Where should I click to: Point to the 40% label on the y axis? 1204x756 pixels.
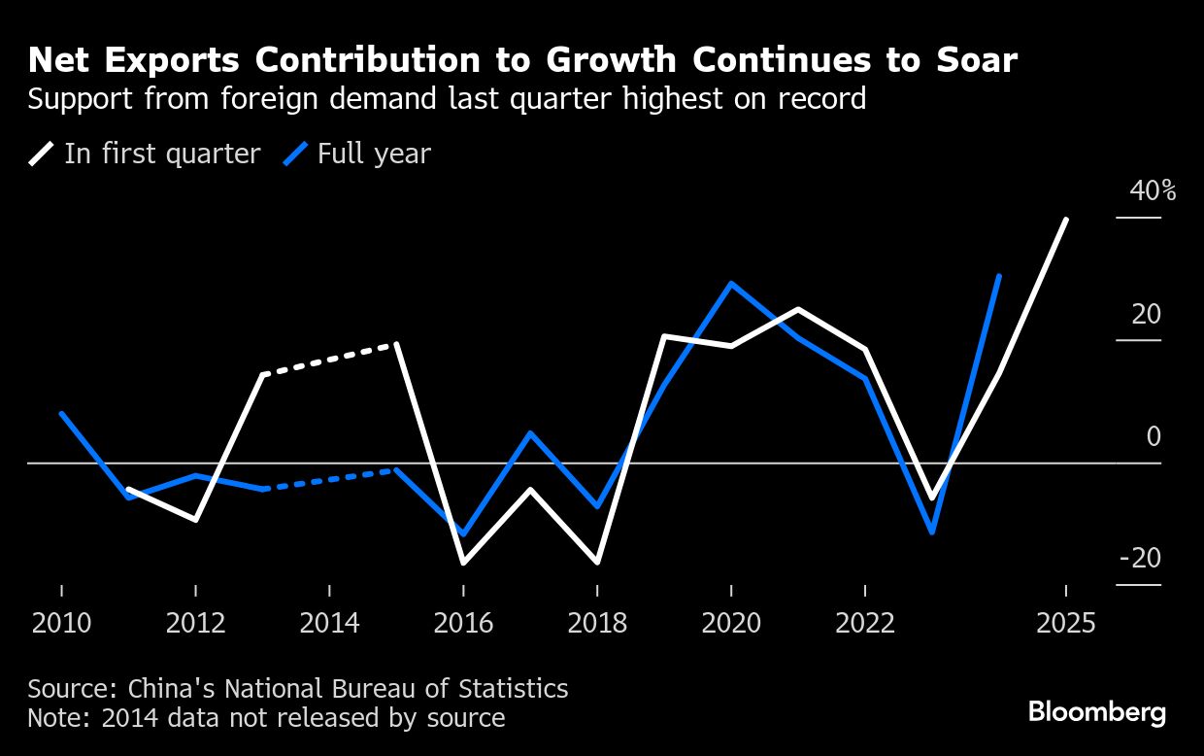[1153, 191]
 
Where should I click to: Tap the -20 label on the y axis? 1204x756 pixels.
[1140, 559]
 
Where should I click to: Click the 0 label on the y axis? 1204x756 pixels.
[1154, 437]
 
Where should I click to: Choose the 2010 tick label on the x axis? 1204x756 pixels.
[61, 623]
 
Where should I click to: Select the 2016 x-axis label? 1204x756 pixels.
[463, 623]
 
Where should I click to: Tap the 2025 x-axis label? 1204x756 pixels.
[1065, 623]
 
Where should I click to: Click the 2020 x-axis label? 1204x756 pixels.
[731, 623]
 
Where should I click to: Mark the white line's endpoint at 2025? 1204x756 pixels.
[1066, 220]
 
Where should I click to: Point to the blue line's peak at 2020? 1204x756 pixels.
[731, 284]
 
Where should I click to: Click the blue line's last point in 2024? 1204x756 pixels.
[999, 277]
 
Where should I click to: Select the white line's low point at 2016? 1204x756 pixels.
[463, 563]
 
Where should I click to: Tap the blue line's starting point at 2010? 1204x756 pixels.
[61, 414]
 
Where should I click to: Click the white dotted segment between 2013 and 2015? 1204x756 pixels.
[330, 360]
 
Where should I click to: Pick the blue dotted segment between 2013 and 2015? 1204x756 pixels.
[330, 479]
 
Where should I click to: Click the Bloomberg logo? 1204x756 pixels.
[1097, 712]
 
